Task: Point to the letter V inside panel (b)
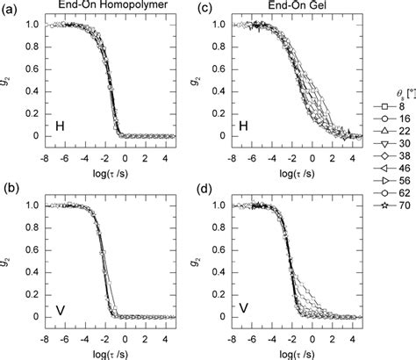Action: [60, 309]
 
